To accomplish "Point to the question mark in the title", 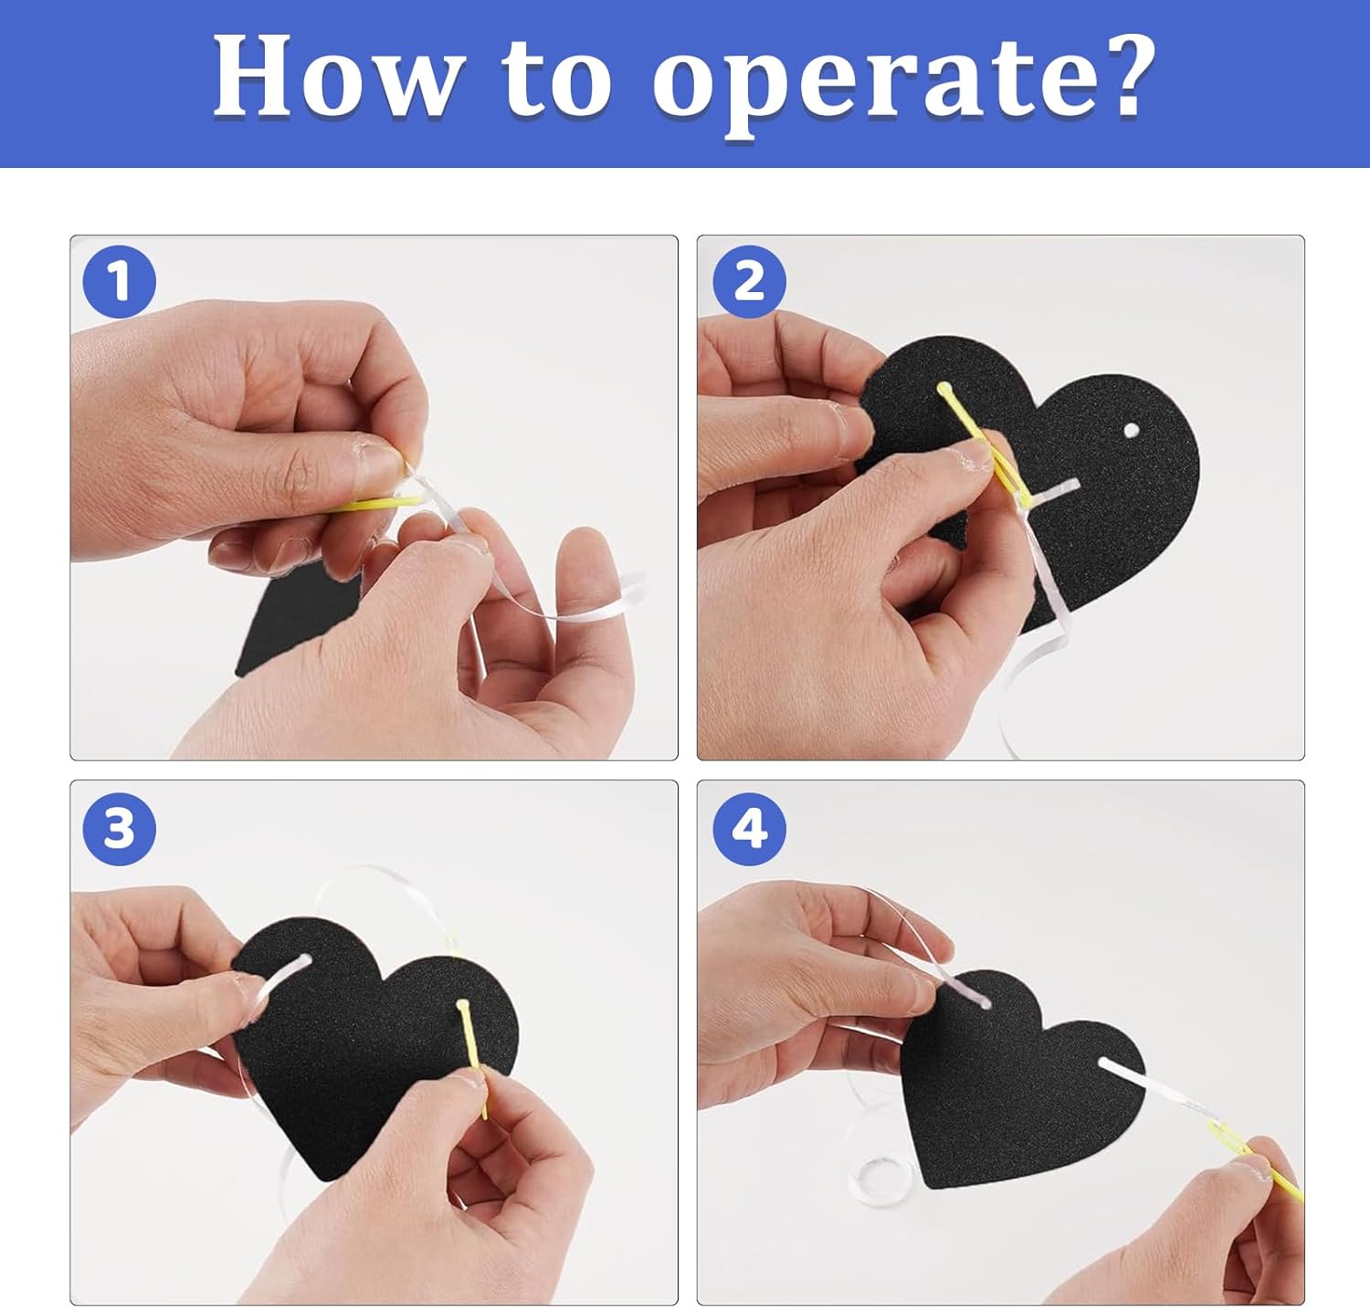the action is pyautogui.click(x=1120, y=78).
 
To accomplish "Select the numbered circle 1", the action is pyautogui.click(x=120, y=282).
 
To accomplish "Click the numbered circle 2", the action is pyautogui.click(x=749, y=281).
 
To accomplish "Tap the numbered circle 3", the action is pyautogui.click(x=120, y=829).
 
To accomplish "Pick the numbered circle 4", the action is pyautogui.click(x=749, y=829).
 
